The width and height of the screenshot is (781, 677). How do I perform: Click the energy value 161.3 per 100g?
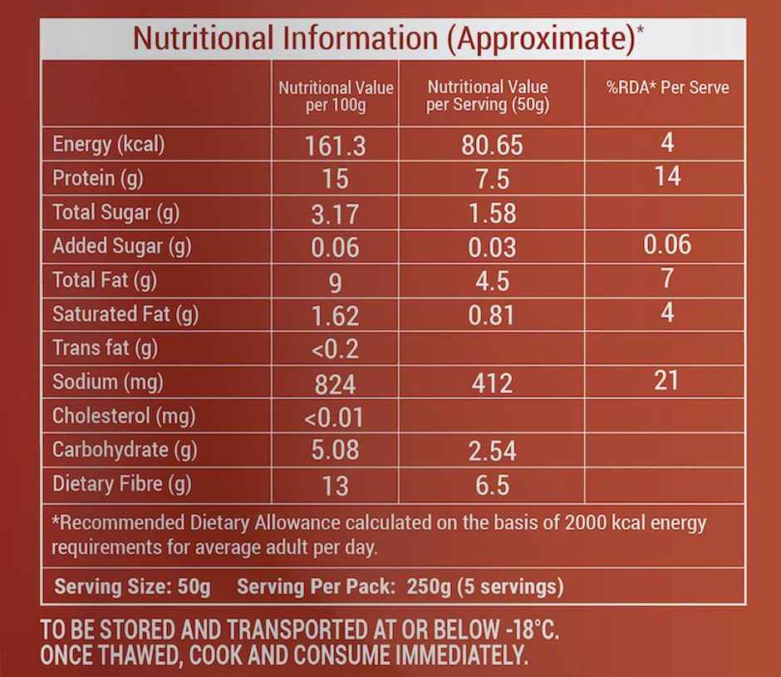(336, 146)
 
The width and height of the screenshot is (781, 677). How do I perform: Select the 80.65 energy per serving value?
(492, 146)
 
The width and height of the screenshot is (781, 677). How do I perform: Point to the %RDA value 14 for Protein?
(667, 177)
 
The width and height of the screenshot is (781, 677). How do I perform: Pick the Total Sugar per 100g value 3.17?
(336, 215)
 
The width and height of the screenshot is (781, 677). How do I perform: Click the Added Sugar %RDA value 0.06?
(667, 245)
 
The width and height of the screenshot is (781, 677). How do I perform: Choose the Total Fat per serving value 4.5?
(492, 281)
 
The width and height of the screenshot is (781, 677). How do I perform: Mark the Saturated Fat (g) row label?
(125, 314)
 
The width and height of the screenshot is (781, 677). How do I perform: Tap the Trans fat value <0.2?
(336, 349)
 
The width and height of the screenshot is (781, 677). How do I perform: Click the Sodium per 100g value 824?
(336, 383)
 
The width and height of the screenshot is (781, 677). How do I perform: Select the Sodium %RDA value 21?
(666, 381)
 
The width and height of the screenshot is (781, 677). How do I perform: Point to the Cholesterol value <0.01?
(336, 417)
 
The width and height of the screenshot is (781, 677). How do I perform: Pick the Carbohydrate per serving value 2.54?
(492, 452)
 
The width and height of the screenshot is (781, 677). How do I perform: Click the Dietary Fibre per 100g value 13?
(336, 486)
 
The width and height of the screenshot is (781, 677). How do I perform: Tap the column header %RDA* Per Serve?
(668, 87)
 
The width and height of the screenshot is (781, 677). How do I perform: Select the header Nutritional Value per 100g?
(336, 96)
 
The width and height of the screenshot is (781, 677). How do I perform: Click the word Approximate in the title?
(542, 38)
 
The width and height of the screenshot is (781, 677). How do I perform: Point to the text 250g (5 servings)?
(485, 587)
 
